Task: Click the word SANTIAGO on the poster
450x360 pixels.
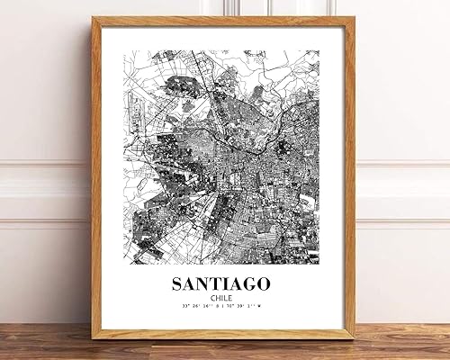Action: tap(222, 284)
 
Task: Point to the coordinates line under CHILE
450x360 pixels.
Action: tap(222, 310)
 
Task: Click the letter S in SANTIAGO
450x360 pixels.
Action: tap(177, 284)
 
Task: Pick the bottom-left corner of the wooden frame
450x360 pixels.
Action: tap(93, 338)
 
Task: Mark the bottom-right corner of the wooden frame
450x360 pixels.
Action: tap(354, 338)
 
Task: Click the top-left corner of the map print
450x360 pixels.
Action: tap(126, 50)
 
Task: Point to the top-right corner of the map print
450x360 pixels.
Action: tap(319, 50)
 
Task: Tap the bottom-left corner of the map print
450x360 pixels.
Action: tap(126, 265)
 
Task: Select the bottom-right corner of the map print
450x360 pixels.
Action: tap(319, 265)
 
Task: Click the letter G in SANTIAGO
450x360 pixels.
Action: tap(252, 284)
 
